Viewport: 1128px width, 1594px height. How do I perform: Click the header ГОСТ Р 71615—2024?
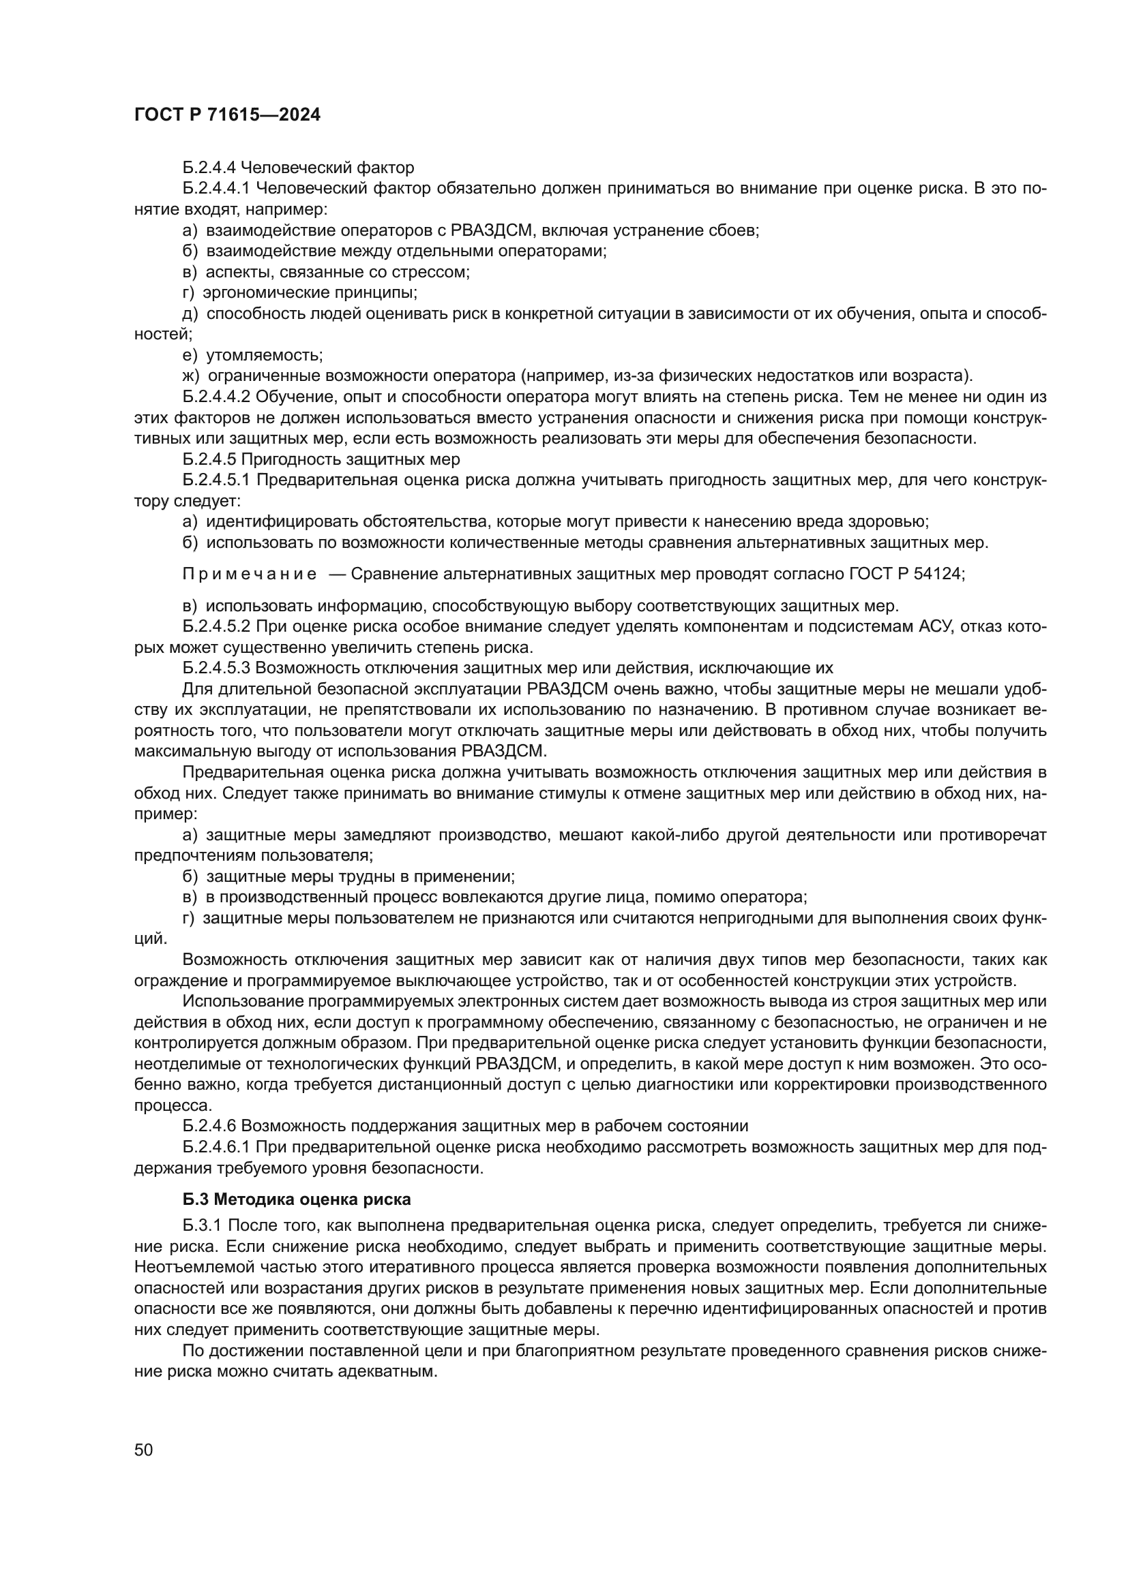[x=227, y=115]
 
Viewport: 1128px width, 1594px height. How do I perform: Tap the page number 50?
[x=144, y=1450]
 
